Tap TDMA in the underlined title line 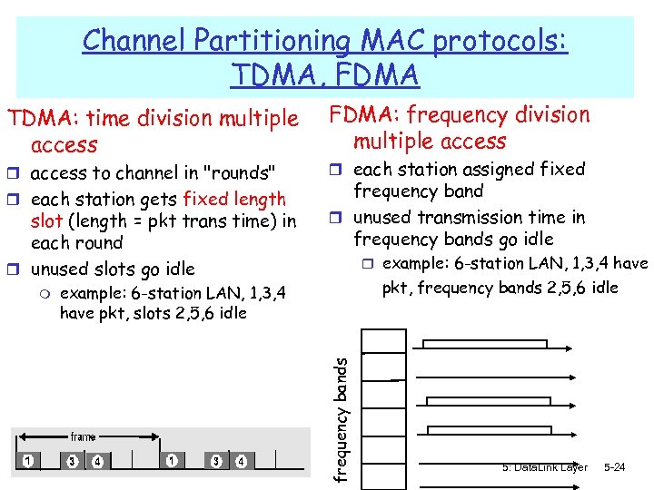(274, 74)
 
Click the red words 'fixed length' (234, 199)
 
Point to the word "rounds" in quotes (239, 172)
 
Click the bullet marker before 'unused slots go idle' (17, 269)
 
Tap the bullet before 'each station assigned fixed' (339, 170)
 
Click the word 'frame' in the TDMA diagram (83, 436)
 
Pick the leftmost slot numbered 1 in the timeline (29, 461)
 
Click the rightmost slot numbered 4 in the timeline (241, 461)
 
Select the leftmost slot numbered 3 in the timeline (72, 461)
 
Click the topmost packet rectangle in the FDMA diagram (486, 344)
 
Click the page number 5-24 (615, 467)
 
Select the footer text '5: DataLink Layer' (544, 467)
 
